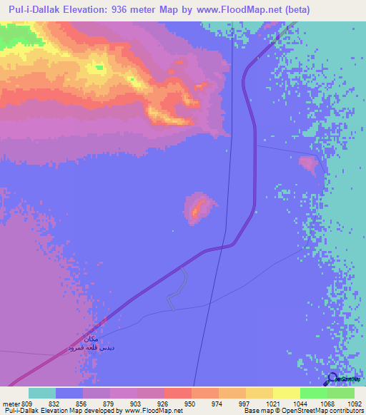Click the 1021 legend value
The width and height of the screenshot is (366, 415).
click(x=272, y=404)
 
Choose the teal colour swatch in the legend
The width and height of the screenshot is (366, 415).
click(x=42, y=393)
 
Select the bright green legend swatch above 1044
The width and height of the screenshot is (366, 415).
click(x=313, y=393)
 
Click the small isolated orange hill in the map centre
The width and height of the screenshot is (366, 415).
click(x=201, y=207)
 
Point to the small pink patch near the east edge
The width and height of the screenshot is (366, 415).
click(x=310, y=165)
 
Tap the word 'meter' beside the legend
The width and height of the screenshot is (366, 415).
click(x=10, y=404)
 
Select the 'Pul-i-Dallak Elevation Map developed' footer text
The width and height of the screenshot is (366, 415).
click(x=61, y=411)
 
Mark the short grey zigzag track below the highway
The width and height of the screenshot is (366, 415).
click(x=176, y=290)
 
